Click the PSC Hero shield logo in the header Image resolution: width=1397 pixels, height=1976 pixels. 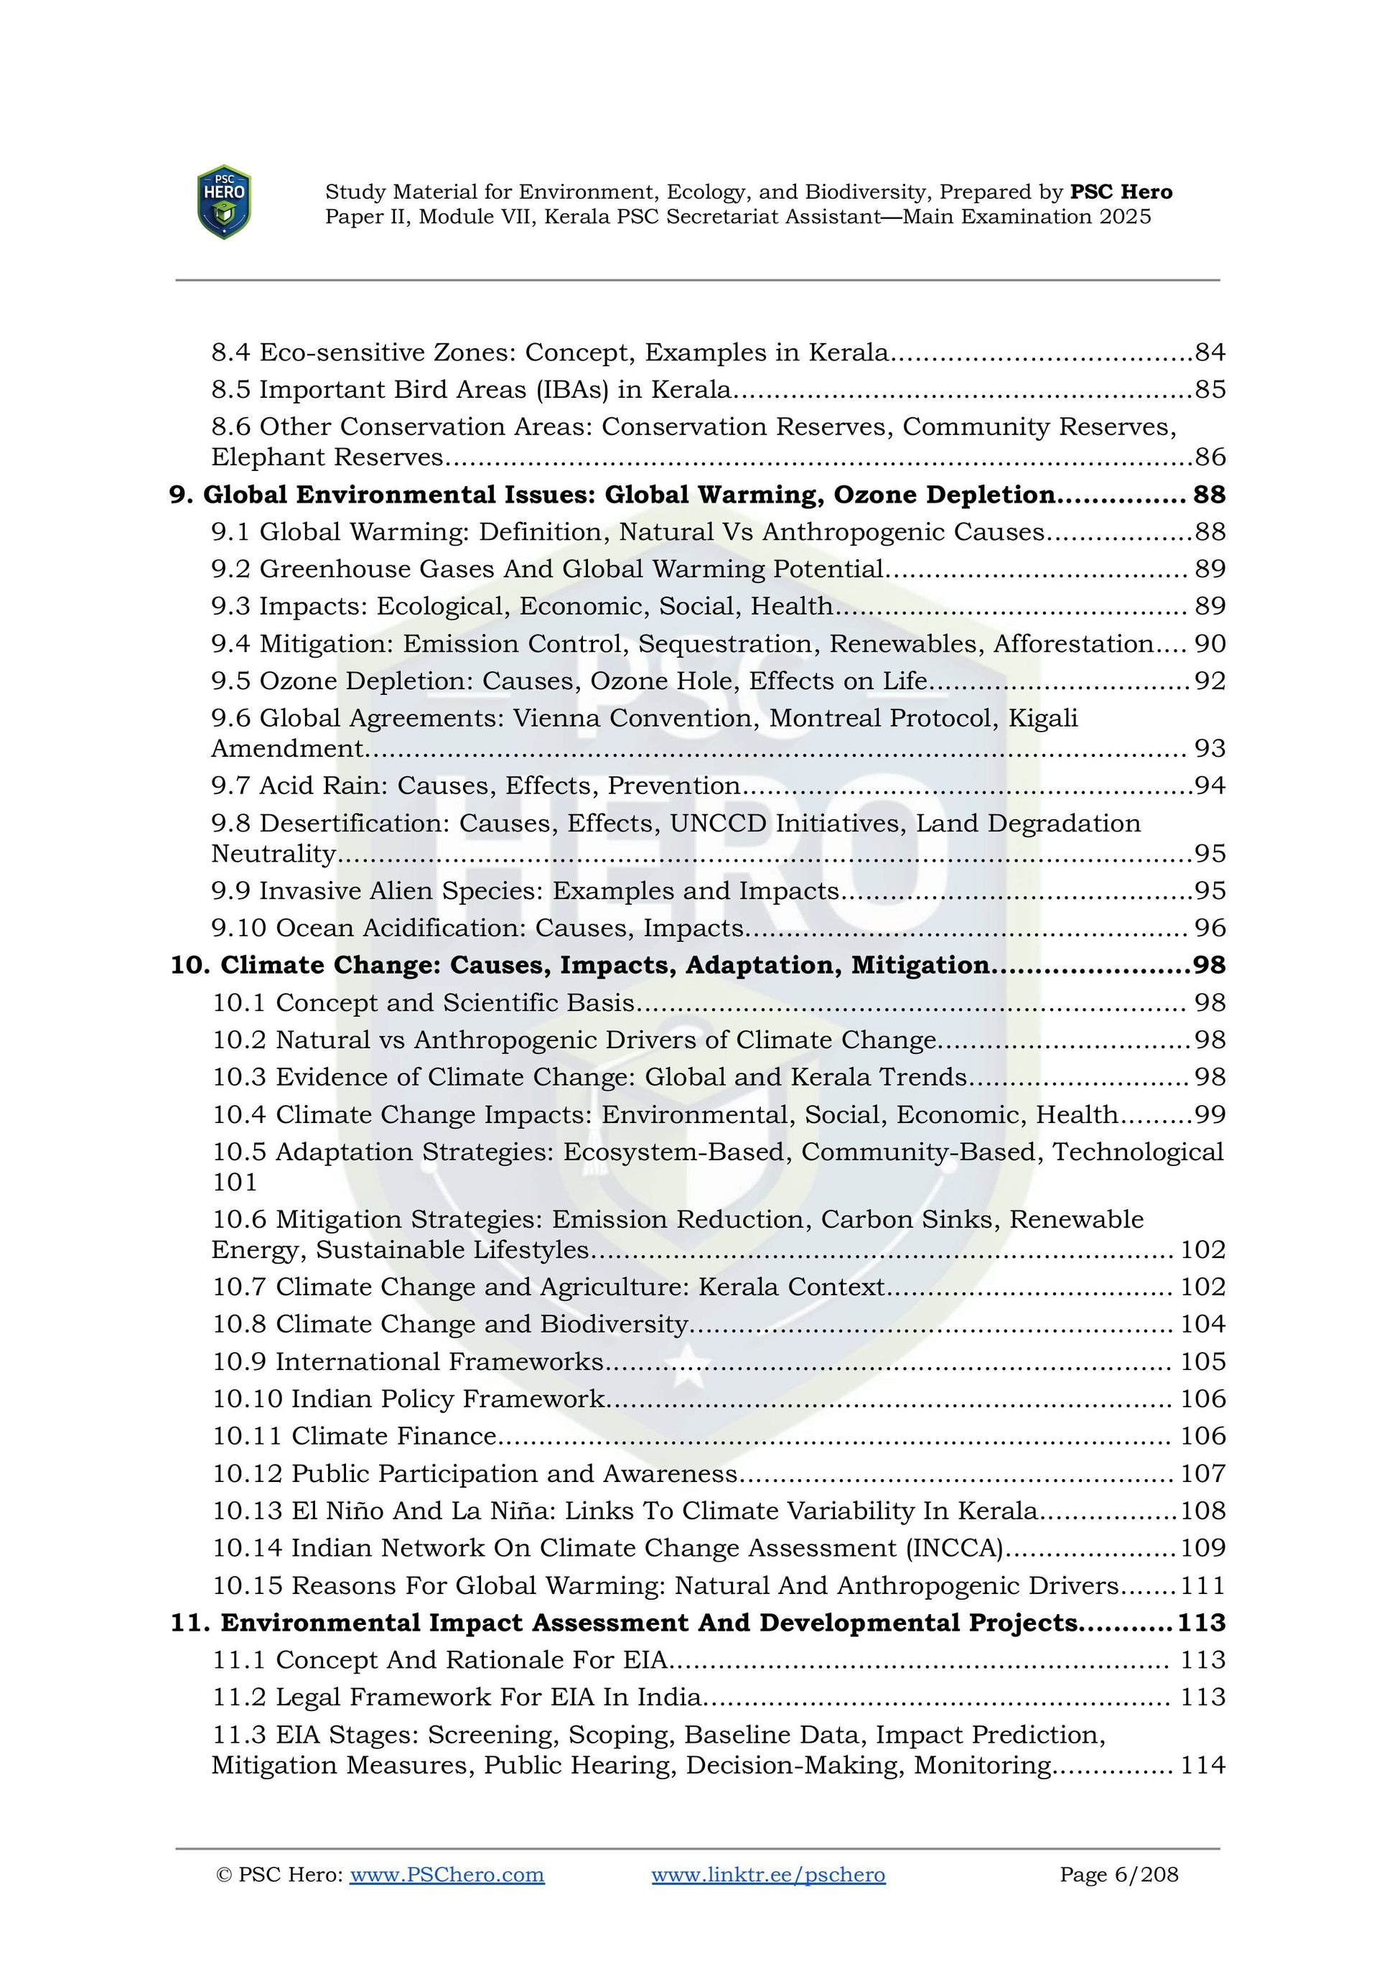point(224,202)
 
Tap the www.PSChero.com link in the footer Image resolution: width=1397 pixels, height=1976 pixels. point(447,1875)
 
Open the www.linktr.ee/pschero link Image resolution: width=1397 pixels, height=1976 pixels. point(768,1875)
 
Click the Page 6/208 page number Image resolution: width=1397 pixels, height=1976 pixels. point(1118,1875)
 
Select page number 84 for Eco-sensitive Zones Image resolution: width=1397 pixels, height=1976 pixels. point(1210,352)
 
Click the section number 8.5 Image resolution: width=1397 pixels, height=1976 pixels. point(230,390)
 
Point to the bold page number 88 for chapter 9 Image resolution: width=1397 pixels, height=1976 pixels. point(1209,495)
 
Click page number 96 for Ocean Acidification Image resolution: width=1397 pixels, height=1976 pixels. point(1210,928)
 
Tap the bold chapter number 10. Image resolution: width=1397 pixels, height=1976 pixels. point(190,966)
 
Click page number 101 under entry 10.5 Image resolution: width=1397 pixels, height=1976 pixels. point(235,1183)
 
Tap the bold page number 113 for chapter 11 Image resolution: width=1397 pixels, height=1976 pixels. point(1201,1623)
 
